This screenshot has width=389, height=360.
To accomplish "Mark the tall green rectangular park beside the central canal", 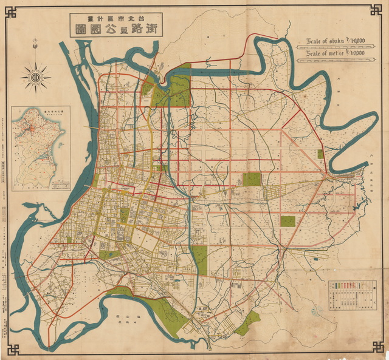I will [x=200, y=260].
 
